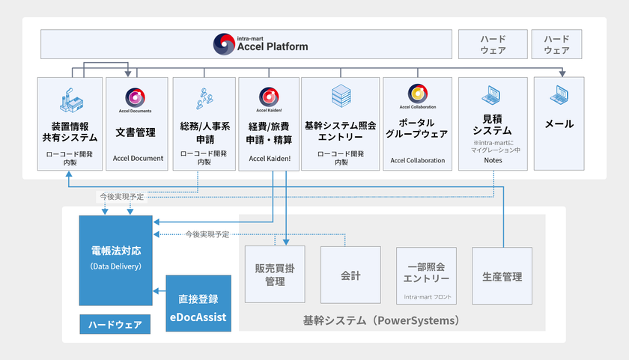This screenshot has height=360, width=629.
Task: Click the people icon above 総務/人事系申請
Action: click(204, 97)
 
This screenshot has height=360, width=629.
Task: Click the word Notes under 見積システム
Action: click(493, 160)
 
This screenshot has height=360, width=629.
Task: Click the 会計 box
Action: click(350, 276)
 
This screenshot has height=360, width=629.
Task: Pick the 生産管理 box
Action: click(502, 276)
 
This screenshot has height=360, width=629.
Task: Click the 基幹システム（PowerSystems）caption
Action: click(380, 320)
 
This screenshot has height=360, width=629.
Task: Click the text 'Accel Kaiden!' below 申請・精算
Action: click(269, 159)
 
